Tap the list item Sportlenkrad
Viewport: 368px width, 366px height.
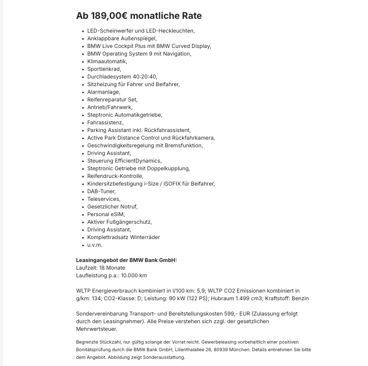point(104,69)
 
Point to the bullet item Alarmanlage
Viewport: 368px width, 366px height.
point(103,92)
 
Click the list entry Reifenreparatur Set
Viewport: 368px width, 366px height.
point(112,99)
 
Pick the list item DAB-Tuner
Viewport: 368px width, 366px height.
point(101,191)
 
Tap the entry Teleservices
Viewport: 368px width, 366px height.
point(103,199)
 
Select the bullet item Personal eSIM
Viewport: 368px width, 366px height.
point(105,214)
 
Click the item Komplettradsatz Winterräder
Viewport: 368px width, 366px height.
point(123,237)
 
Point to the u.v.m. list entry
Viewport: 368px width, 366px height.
point(95,245)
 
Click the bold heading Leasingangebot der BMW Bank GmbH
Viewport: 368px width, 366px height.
point(126,260)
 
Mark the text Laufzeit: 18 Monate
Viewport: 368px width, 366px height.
point(100,268)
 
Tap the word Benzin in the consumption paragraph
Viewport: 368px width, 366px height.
point(300,298)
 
